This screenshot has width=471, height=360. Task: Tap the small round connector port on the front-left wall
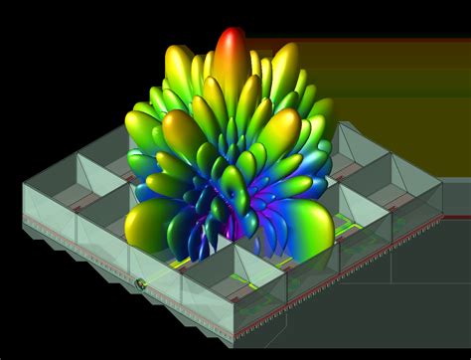point(141,286)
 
